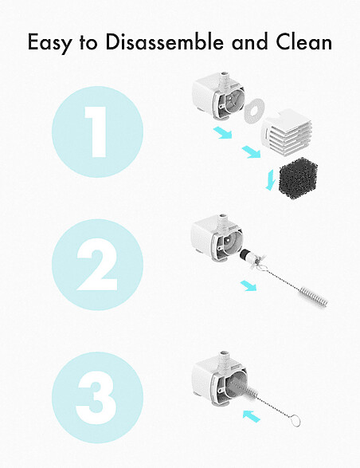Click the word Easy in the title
(49, 43)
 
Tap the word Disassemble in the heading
(164, 41)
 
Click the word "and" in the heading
(249, 41)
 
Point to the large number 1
(96, 132)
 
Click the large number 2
(96, 265)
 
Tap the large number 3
(96, 397)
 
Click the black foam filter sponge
(298, 179)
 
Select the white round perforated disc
(254, 111)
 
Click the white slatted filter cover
(288, 132)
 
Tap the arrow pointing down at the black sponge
(270, 179)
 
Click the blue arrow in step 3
(251, 416)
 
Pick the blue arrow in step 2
(248, 285)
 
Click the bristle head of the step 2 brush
(314, 297)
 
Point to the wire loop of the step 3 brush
(295, 421)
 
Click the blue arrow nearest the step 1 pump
(222, 132)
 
